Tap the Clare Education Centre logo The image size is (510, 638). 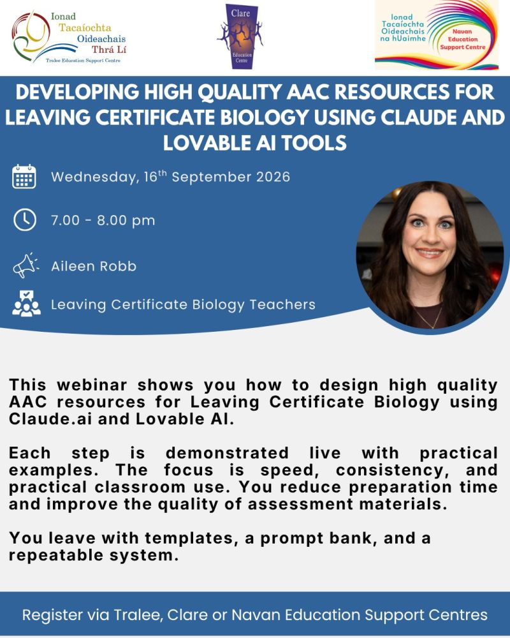[240, 36]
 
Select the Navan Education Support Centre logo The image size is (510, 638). [436, 34]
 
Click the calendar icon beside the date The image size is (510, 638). [25, 177]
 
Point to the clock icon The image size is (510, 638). [25, 219]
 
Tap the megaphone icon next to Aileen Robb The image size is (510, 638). [25, 266]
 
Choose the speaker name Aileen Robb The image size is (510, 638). [94, 266]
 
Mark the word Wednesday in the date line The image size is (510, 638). [93, 177]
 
